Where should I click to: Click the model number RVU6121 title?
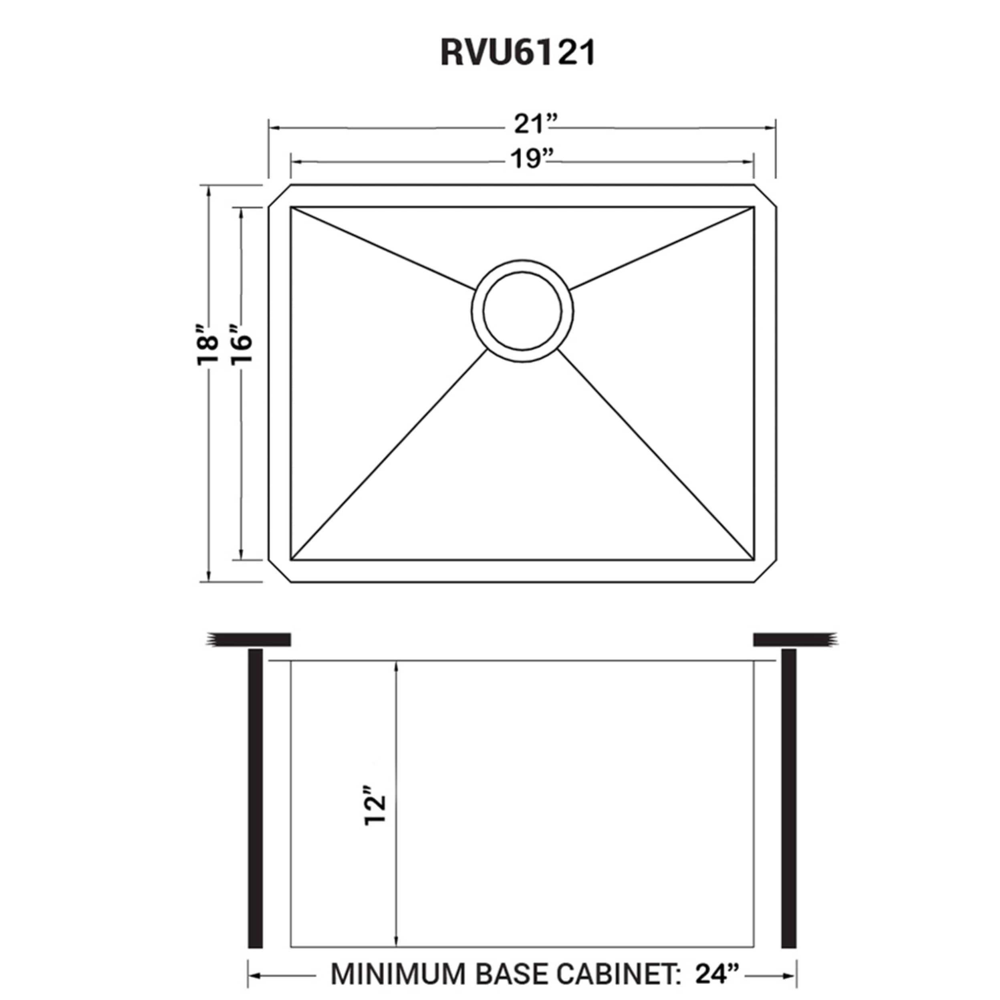[x=518, y=53]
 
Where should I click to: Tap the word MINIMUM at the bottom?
[x=398, y=974]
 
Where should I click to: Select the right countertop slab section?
[x=794, y=640]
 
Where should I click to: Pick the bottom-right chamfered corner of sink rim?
[x=766, y=571]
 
